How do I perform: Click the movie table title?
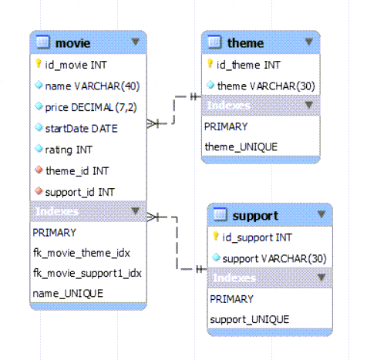(x=72, y=43)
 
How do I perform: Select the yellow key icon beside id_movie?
(x=39, y=63)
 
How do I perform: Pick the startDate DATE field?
(x=81, y=129)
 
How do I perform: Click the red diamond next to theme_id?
(x=39, y=170)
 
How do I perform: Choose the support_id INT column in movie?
(x=79, y=192)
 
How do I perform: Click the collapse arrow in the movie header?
(x=135, y=42)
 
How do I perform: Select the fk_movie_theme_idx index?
(x=82, y=253)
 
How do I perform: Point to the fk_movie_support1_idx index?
(x=87, y=273)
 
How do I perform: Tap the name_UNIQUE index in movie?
(x=68, y=293)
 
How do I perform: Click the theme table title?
(x=245, y=43)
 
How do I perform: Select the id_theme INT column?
(x=248, y=65)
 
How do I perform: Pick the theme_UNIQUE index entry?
(x=241, y=147)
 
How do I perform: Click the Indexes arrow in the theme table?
(x=308, y=105)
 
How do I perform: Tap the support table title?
(x=255, y=217)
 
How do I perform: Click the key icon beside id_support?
(x=216, y=236)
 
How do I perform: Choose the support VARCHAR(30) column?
(x=274, y=259)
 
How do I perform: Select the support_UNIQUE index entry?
(x=250, y=320)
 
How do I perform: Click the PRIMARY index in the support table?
(x=231, y=299)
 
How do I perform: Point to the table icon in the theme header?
(x=214, y=42)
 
